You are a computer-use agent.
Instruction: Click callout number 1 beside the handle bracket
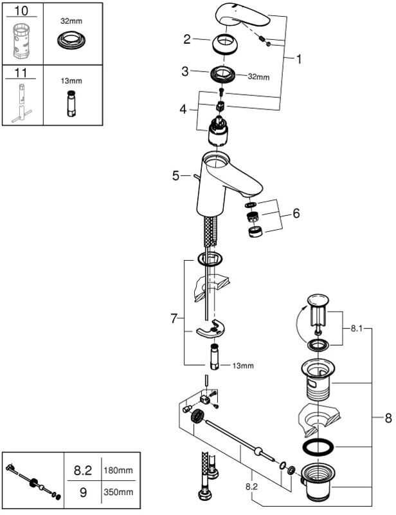click(298, 59)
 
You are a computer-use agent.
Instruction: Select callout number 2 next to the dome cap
click(186, 39)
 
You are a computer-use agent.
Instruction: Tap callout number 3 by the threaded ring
click(185, 71)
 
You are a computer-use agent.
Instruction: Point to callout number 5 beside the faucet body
click(176, 176)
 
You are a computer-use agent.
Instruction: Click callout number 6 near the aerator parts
click(296, 213)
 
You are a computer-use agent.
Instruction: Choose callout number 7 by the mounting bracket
click(174, 318)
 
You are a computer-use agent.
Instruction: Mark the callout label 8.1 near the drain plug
click(356, 328)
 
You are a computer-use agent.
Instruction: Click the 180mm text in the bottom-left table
click(118, 470)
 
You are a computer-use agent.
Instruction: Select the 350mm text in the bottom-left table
click(118, 492)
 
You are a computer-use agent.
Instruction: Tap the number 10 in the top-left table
click(21, 11)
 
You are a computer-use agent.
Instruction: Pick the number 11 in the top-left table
click(21, 73)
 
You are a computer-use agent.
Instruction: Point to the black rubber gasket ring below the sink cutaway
click(318, 446)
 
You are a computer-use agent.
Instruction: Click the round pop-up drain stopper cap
click(318, 301)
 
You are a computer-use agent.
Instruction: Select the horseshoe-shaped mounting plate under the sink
click(210, 329)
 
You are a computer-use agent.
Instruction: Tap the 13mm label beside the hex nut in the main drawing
click(243, 366)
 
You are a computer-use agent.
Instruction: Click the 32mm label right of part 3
click(259, 77)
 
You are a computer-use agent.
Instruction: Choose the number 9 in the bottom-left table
click(84, 492)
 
